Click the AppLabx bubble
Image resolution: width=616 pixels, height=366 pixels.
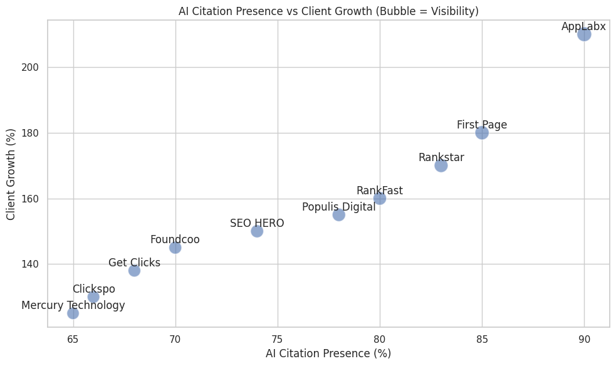(584, 34)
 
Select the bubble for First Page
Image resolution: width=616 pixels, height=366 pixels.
(482, 133)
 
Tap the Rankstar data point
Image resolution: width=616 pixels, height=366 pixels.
(441, 165)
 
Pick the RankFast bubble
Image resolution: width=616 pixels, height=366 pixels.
(379, 199)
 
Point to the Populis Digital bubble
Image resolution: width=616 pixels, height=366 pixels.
(338, 215)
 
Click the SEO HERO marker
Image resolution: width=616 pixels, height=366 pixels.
(257, 231)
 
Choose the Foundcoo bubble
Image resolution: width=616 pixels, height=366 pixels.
(175, 248)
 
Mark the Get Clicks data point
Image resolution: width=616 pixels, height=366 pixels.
(134, 271)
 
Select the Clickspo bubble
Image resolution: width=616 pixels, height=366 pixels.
(93, 297)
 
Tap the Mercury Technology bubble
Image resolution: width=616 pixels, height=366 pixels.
(73, 313)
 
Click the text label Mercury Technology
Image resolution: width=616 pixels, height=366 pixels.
(73, 305)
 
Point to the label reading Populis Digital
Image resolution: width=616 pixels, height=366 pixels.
(338, 207)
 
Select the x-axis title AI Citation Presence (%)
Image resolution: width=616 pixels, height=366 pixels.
(328, 353)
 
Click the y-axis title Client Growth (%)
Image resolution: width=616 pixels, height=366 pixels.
(11, 174)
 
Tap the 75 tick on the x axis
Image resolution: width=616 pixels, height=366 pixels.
(278, 339)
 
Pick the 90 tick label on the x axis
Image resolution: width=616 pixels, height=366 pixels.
(584, 339)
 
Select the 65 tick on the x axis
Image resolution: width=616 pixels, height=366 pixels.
(73, 339)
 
